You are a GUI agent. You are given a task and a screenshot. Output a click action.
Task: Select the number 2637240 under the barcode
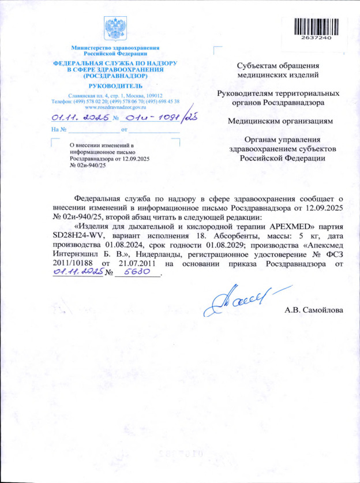[x=315, y=38]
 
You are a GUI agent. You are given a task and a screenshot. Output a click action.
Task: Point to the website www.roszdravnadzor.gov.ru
[x=115, y=107]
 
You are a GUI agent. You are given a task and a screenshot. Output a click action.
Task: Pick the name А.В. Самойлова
[x=314, y=311]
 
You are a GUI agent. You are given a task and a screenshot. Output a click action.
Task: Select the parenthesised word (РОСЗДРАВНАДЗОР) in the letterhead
[x=115, y=76]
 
